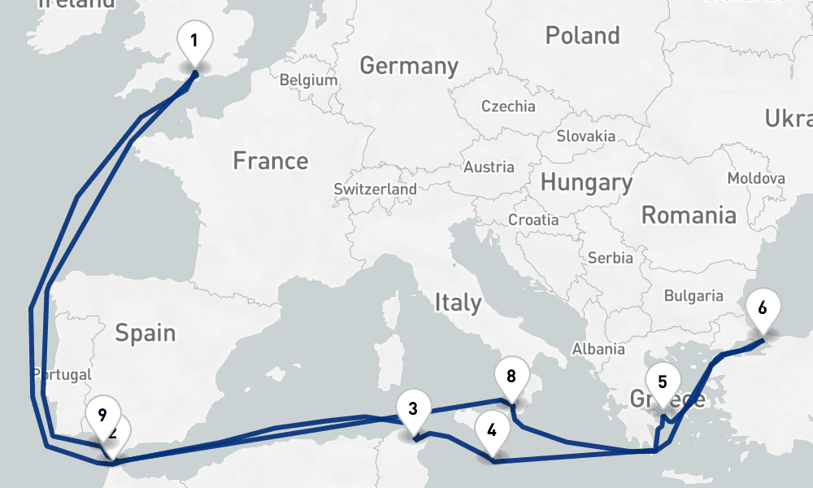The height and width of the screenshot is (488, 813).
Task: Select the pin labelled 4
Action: click(491, 429)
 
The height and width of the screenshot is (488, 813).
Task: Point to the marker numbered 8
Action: click(511, 377)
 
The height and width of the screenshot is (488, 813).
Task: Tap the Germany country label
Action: click(409, 65)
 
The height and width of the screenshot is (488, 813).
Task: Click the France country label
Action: click(271, 161)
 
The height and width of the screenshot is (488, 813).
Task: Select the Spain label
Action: click(146, 332)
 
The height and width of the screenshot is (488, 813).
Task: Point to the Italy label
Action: click(458, 303)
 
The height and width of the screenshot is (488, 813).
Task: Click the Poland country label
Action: click(582, 36)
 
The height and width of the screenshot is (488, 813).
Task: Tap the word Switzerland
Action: click(375, 189)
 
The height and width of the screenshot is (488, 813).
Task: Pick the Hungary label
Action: click(586, 182)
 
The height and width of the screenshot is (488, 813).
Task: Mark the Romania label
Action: click(689, 215)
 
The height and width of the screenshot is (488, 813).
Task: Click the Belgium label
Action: click(308, 81)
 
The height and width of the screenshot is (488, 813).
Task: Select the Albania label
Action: click(598, 349)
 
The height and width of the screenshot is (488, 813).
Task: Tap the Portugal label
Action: click(62, 375)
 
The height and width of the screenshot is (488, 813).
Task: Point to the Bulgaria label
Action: click(693, 296)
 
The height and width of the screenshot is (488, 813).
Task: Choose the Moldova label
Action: click(756, 178)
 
